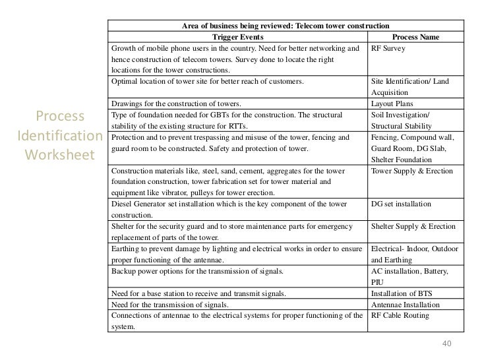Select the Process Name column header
point(415,38)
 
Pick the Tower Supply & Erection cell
point(411,171)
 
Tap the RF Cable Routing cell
point(400,316)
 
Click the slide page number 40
point(447,344)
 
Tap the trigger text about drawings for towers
point(176,104)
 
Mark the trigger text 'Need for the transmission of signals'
point(170,305)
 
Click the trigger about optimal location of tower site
point(208,82)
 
